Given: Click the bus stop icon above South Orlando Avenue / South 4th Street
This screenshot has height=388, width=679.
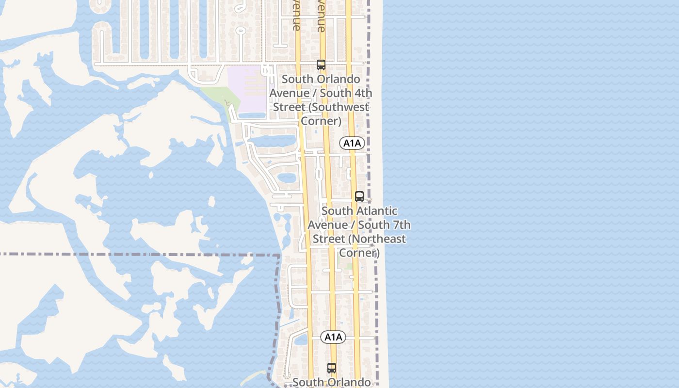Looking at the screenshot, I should (321, 65).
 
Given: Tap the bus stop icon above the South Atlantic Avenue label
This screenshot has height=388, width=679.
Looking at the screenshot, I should (359, 196).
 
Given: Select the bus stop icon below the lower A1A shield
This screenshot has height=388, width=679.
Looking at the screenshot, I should (332, 368).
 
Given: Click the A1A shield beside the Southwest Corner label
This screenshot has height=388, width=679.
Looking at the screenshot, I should (352, 143).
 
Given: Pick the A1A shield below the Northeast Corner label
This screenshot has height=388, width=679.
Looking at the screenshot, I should (333, 337).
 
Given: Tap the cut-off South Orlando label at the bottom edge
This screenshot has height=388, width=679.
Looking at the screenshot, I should (332, 382).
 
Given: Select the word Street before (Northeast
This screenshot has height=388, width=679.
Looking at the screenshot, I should (328, 239).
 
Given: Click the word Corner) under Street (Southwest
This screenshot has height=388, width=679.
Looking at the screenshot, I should (321, 120).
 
